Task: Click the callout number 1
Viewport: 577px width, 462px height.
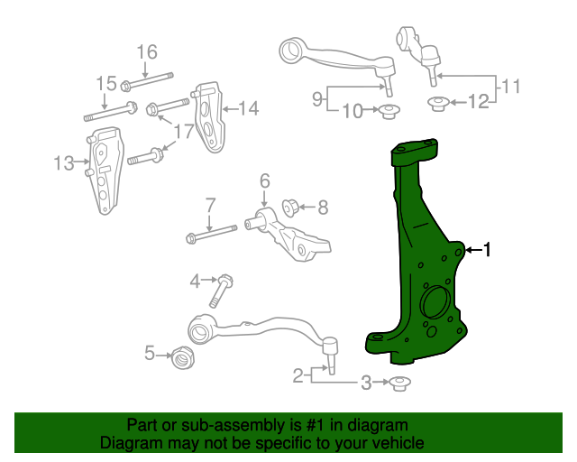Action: (x=488, y=251)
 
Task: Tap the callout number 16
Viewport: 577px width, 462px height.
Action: (x=146, y=51)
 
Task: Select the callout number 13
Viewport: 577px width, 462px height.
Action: (x=63, y=163)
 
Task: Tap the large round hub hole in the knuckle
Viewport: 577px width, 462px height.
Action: (x=435, y=303)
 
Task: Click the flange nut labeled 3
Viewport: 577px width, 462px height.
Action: (x=398, y=384)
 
